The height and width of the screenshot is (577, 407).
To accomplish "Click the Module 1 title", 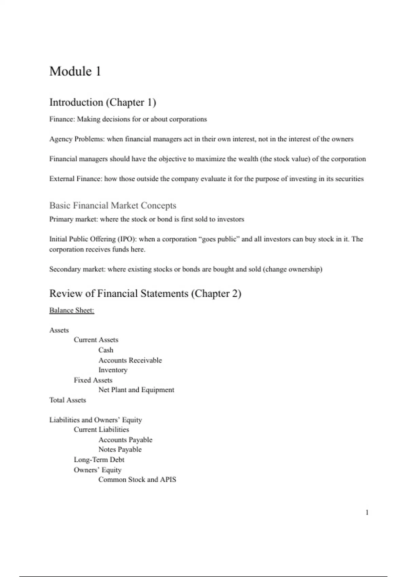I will [x=75, y=71].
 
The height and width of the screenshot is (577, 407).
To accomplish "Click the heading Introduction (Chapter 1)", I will [x=102, y=102].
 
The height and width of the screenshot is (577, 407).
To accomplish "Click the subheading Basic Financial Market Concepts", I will [x=113, y=205].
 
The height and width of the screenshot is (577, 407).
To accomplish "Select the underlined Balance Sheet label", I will [x=72, y=310].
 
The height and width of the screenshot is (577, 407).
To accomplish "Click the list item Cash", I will [x=106, y=350].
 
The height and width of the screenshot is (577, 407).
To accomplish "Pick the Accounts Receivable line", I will [x=130, y=360].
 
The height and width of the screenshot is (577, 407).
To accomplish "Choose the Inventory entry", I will [x=113, y=370].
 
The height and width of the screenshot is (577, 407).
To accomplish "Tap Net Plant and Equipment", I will [x=136, y=390].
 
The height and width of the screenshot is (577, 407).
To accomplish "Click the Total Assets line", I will [x=67, y=400].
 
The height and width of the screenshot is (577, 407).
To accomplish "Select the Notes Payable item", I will [x=120, y=449].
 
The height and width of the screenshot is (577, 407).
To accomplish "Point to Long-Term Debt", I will [x=99, y=460].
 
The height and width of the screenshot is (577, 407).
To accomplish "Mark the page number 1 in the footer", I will [x=367, y=513].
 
